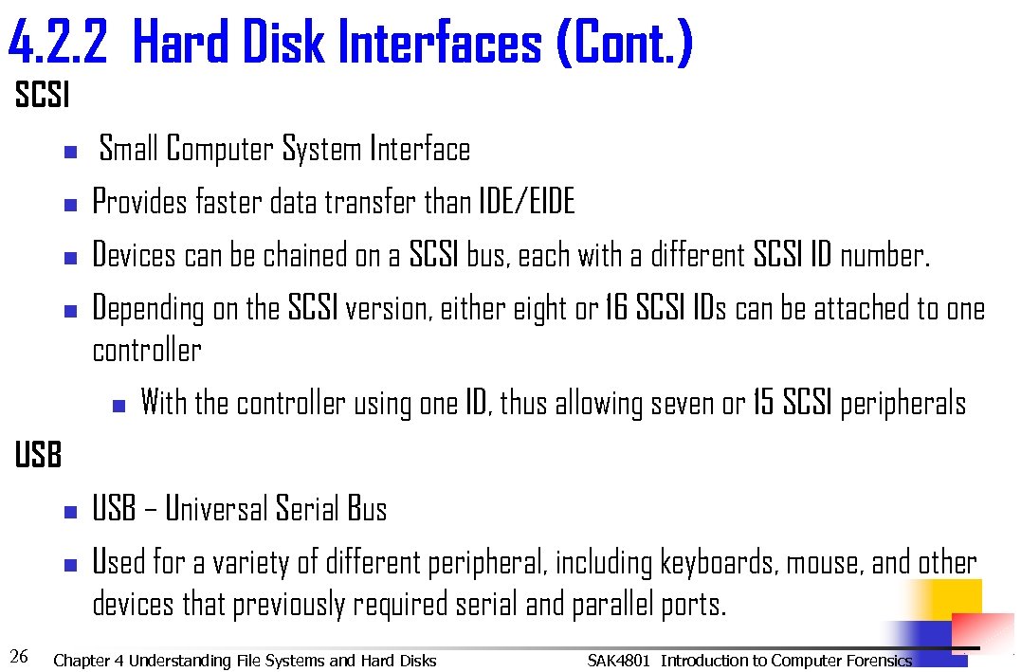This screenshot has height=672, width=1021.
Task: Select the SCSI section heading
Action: (42, 96)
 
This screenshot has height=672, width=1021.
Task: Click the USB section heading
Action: (38, 456)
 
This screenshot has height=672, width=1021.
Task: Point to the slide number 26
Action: (18, 656)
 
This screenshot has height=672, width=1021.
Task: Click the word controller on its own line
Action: (147, 351)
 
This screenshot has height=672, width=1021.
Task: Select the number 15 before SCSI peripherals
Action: (763, 404)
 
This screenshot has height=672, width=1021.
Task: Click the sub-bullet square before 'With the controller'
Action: (119, 406)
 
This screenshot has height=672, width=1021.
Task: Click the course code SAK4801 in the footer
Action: (619, 661)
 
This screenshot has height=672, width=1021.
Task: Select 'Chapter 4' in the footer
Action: (88, 661)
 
